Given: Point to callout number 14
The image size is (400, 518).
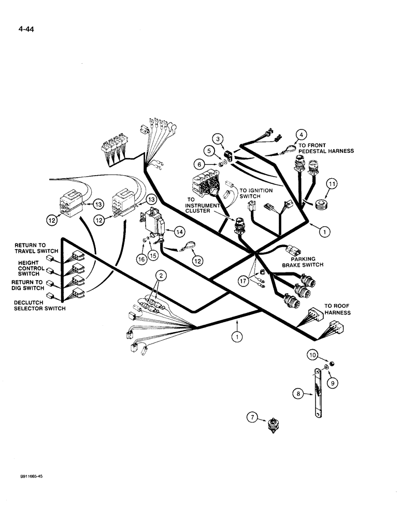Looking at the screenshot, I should coord(179,233).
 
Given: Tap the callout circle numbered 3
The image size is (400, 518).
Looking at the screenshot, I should coord(219,138).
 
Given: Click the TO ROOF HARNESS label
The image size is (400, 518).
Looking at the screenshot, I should coord(337,309).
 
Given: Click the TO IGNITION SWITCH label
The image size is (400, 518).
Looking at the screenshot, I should coord(255,194).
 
